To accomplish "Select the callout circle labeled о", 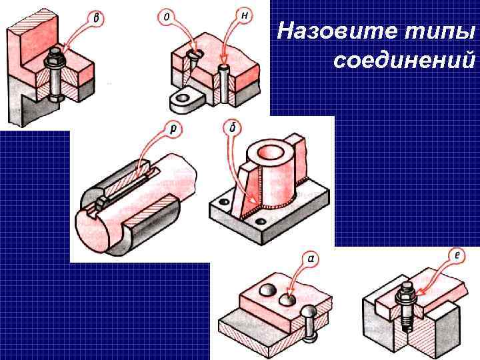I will (166, 16).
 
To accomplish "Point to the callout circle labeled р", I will (174, 130).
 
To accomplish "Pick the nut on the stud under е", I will (405, 293).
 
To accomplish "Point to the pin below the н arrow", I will (225, 83).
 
